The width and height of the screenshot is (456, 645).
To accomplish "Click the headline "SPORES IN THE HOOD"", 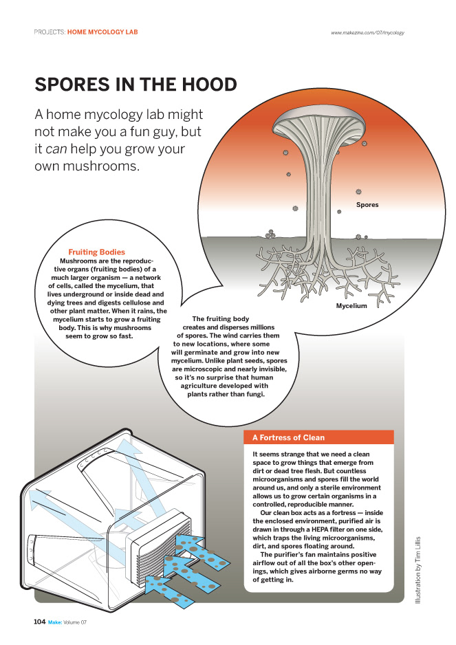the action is (135, 85).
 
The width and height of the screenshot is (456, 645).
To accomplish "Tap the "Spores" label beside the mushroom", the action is (367, 205).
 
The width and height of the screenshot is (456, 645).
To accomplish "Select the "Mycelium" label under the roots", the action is (351, 305).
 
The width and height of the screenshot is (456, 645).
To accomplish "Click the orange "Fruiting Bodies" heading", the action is (96, 252).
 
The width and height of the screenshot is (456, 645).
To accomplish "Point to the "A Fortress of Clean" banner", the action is (289, 437).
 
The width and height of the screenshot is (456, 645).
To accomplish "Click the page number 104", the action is (40, 622).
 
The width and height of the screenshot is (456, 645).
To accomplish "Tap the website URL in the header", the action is (367, 32).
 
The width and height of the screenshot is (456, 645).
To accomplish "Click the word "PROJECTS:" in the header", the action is (50, 32).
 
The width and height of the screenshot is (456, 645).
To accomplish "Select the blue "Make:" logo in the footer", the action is (54, 622).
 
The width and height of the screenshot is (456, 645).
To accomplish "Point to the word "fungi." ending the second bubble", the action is (251, 395).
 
